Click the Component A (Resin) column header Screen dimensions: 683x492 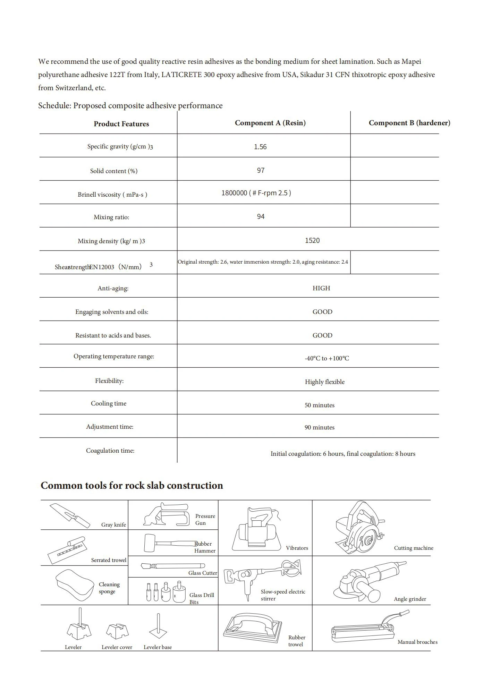point(270,123)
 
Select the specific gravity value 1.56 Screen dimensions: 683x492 point(260,147)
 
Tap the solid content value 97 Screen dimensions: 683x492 point(261,170)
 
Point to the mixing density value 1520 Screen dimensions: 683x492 point(312,240)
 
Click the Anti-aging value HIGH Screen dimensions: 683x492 point(321,288)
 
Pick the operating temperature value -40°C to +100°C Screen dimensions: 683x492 point(327,358)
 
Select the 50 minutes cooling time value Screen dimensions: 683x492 point(320,405)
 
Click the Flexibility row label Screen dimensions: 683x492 point(109,381)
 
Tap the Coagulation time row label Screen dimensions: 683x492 point(110,451)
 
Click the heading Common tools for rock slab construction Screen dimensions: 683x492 point(132,485)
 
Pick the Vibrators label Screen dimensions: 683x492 point(297,548)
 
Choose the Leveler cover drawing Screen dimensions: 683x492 point(117,631)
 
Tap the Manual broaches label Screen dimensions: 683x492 point(417,642)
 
